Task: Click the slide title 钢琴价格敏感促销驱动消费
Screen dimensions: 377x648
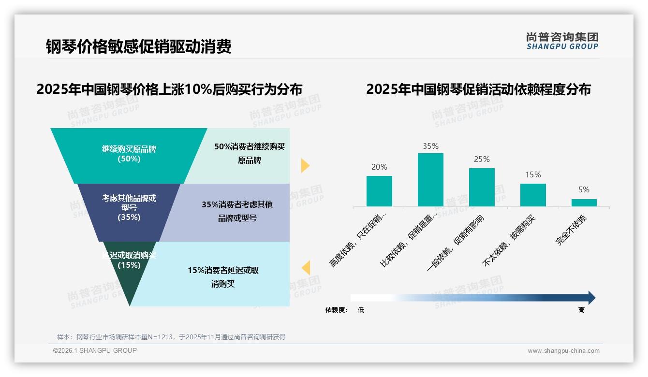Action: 139,46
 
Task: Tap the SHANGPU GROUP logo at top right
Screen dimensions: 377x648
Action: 562,41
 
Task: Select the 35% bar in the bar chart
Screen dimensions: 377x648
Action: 430,180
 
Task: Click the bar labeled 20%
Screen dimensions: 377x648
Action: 379,191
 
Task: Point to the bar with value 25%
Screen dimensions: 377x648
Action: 482,187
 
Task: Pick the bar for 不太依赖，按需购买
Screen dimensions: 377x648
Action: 533,195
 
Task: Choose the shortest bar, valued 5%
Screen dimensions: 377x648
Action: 584,203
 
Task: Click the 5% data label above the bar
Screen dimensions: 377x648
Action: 584,190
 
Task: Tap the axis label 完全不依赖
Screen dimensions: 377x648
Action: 571,231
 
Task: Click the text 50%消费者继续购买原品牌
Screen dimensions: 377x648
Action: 250,153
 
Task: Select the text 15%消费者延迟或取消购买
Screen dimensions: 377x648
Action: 223,277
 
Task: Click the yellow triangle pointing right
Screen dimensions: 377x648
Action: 305,165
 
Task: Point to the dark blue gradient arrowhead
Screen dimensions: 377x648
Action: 591,298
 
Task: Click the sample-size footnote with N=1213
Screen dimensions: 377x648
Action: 171,337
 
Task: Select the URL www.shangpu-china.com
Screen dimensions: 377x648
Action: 563,351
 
